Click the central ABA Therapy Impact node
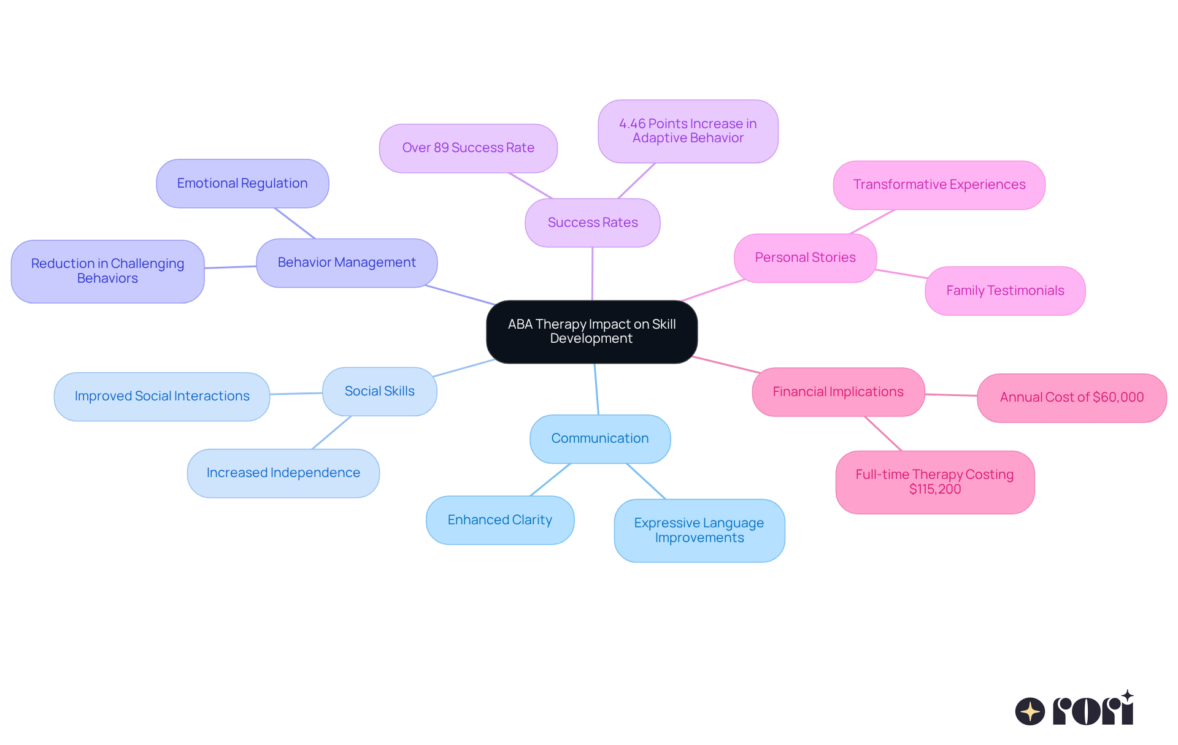591,331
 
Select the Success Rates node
592,223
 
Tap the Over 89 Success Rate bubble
468,148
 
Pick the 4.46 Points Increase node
688,131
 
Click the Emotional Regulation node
242,183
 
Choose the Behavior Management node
347,262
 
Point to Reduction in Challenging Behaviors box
107,271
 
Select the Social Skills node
379,391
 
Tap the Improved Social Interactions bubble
162,396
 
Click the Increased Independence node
283,473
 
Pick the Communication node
599,438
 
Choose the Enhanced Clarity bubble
499,520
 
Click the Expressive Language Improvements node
699,530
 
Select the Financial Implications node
837,392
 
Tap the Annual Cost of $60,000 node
1071,397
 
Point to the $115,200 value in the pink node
935,489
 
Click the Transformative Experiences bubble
939,185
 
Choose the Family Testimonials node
1005,291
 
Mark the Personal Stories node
805,258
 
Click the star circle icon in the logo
1030,711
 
